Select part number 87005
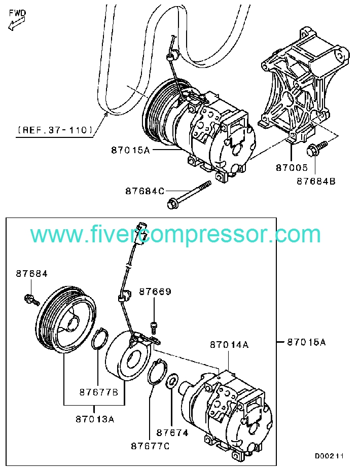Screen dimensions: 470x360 tap(291, 166)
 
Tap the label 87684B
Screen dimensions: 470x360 tap(316, 180)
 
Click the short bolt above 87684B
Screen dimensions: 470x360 tap(314, 149)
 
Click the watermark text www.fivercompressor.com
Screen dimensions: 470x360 tap(175, 235)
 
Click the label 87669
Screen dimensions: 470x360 tap(155, 292)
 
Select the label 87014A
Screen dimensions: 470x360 tap(229, 345)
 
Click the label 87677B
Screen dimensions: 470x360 tap(98, 392)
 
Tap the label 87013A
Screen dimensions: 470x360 tap(95, 419)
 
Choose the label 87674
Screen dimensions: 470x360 tap(172, 432)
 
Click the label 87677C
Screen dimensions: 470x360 tap(150, 446)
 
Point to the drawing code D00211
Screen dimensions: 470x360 tap(329, 456)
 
